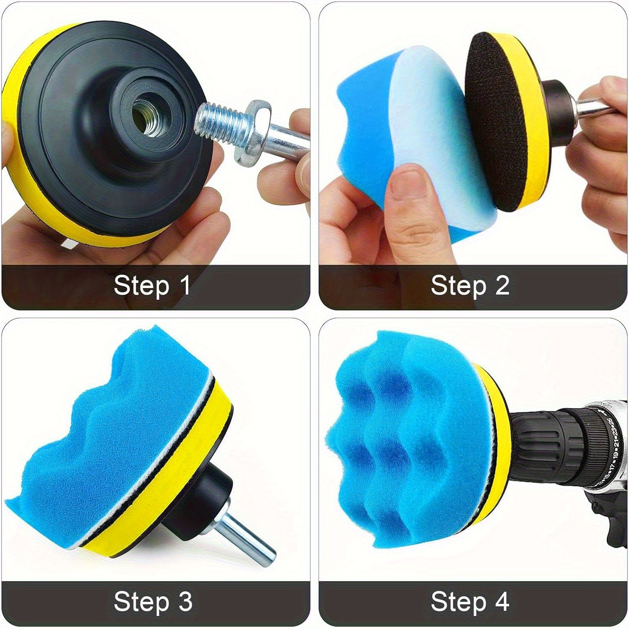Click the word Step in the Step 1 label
tap(141, 287)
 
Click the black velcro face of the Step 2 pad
tap(495, 122)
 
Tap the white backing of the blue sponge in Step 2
tap(436, 134)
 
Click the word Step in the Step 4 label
tap(458, 603)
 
